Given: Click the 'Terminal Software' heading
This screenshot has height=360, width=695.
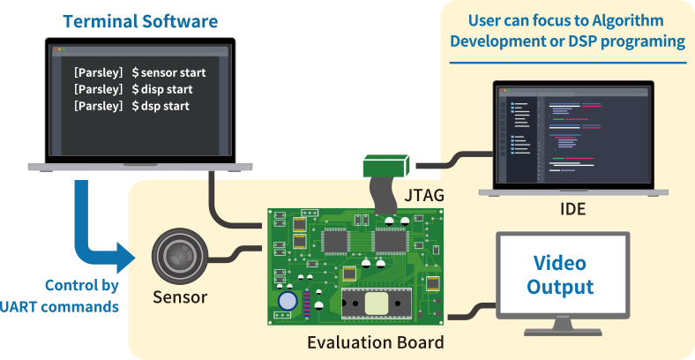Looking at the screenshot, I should [x=140, y=19].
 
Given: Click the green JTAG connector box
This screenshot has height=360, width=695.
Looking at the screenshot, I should [x=386, y=165].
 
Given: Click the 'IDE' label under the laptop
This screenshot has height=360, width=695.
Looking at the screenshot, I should [x=572, y=209].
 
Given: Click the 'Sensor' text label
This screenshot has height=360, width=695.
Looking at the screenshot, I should [x=179, y=297].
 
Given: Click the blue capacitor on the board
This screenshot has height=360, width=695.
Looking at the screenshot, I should [x=288, y=301].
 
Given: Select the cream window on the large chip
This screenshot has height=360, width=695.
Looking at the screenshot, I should [x=376, y=302].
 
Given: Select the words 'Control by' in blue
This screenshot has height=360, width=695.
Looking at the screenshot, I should [x=80, y=286].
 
